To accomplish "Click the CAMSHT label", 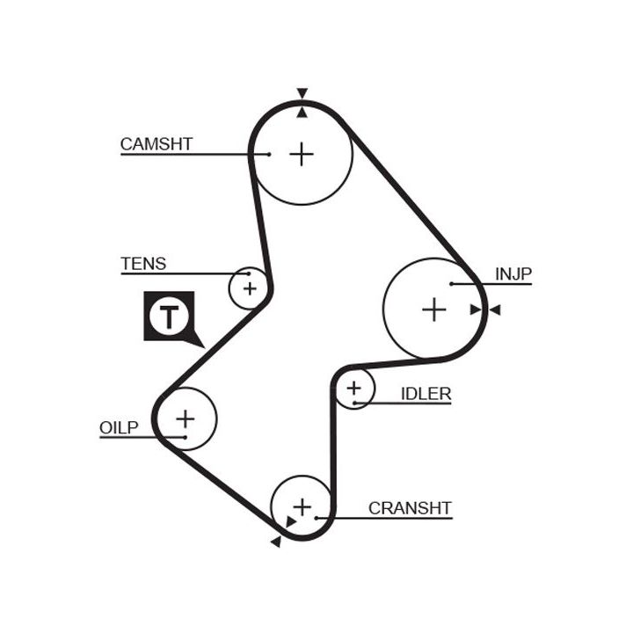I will (x=156, y=144).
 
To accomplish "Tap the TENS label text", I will (x=142, y=264).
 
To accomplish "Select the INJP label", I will (x=513, y=274).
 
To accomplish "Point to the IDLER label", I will (x=426, y=394).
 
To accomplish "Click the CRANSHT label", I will (x=410, y=508).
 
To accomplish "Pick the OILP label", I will (x=119, y=428).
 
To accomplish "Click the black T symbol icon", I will (x=168, y=316).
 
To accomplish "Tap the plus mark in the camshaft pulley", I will (x=302, y=155).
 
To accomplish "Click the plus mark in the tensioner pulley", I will (x=250, y=287).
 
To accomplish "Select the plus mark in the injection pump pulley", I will (x=433, y=309).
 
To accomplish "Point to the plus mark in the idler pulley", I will (x=353, y=388).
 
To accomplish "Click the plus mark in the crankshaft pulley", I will (x=302, y=507).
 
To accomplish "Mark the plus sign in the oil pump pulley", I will (x=185, y=418).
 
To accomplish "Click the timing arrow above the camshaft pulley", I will (x=302, y=93).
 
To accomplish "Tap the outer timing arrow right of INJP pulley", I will (x=495, y=309).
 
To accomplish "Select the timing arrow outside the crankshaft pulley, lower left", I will (x=275, y=542).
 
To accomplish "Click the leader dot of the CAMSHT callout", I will (x=269, y=155).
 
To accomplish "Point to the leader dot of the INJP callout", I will (x=450, y=284).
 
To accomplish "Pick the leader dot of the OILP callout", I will (x=185, y=436).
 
